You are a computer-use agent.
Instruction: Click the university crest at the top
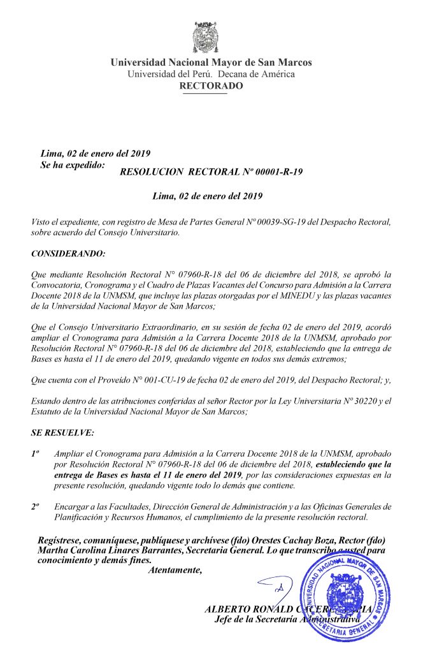tap(211, 38)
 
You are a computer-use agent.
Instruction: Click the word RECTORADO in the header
tap(211, 85)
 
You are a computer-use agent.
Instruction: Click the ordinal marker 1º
tap(36, 451)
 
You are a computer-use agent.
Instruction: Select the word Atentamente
tap(175, 569)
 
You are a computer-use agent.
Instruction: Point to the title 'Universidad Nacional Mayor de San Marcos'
tap(211, 62)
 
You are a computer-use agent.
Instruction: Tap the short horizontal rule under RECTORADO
tap(204, 94)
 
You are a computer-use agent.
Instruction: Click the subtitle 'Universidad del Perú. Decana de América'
tap(211, 74)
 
